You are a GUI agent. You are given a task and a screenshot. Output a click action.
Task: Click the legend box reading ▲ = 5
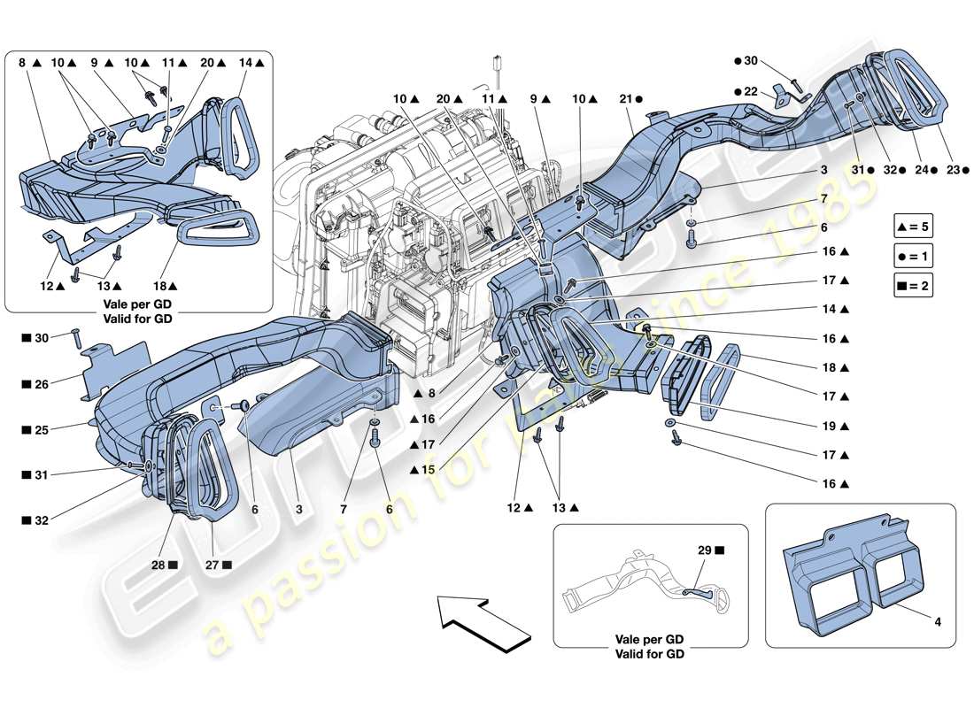tap(914, 227)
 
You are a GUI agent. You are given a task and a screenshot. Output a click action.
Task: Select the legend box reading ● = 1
tap(914, 256)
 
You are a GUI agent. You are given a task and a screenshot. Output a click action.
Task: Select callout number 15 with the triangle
tap(423, 470)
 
